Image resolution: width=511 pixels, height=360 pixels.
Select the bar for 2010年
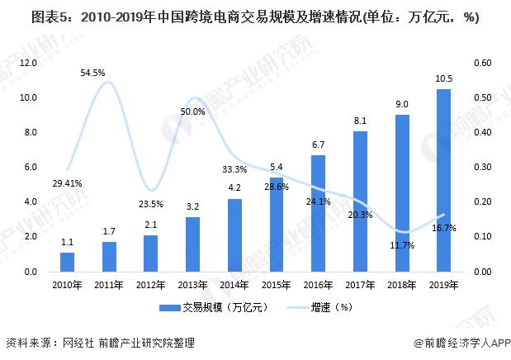coord(68,262)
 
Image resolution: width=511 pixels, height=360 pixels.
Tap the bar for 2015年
coord(277,225)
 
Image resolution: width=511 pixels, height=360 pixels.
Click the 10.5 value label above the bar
coord(443,78)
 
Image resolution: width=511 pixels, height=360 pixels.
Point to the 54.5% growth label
coord(93,73)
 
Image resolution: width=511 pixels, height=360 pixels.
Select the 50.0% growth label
coord(192,111)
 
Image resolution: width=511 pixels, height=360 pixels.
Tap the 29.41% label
coord(65,183)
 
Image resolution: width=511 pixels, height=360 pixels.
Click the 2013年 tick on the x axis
coord(192,286)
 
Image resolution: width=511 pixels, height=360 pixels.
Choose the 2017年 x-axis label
coord(360,286)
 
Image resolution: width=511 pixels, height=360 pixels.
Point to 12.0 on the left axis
coord(29,63)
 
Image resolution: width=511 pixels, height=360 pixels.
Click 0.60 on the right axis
coord(484,63)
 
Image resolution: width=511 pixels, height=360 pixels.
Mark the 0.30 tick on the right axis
coord(484,168)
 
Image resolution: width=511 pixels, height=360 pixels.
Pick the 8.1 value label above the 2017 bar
coord(360,121)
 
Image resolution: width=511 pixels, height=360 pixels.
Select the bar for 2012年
coord(151,253)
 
